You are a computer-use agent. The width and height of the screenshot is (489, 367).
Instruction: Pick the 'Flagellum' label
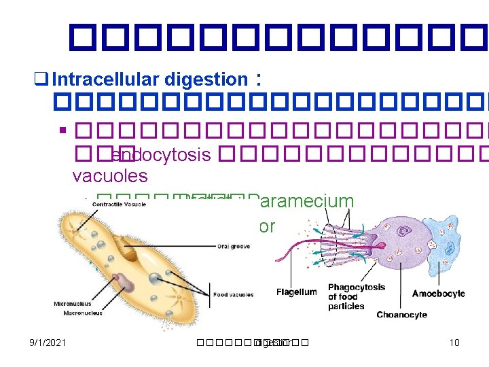click(296, 292)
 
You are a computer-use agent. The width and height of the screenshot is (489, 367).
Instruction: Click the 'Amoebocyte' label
click(439, 294)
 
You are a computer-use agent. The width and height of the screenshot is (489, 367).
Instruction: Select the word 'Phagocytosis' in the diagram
click(356, 287)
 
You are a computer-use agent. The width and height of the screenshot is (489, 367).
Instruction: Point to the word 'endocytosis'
click(160, 154)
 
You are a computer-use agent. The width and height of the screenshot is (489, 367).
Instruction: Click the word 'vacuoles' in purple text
click(109, 176)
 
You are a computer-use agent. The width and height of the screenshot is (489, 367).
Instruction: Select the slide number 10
click(454, 343)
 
